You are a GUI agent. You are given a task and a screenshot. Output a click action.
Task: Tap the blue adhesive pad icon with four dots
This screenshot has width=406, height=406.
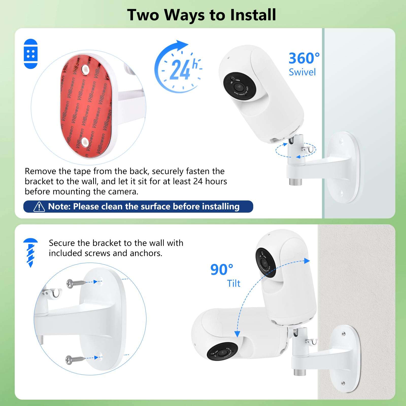tap(30, 54)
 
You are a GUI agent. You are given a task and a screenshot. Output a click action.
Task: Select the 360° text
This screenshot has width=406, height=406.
tap(304, 58)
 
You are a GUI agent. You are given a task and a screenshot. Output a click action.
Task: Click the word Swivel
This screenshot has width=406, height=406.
tap(302, 72)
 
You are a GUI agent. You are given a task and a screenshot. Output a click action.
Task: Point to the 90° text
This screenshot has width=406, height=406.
tap(222, 270)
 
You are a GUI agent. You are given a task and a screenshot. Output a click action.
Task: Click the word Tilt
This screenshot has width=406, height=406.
tap(233, 283)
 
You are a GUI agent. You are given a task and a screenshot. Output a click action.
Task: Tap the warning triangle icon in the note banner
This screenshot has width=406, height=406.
tap(39, 207)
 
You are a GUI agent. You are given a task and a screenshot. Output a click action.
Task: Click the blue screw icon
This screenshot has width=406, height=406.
tap(30, 252)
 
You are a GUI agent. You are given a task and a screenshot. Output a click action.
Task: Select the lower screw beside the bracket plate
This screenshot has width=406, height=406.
tap(74, 360)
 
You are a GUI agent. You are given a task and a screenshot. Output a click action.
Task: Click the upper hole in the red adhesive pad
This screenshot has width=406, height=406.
tap(84, 70)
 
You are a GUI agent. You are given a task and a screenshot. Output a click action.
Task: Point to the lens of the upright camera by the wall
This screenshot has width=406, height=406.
tap(265, 263)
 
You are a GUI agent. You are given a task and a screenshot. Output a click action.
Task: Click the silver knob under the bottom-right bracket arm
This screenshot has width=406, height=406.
tap(299, 373)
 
